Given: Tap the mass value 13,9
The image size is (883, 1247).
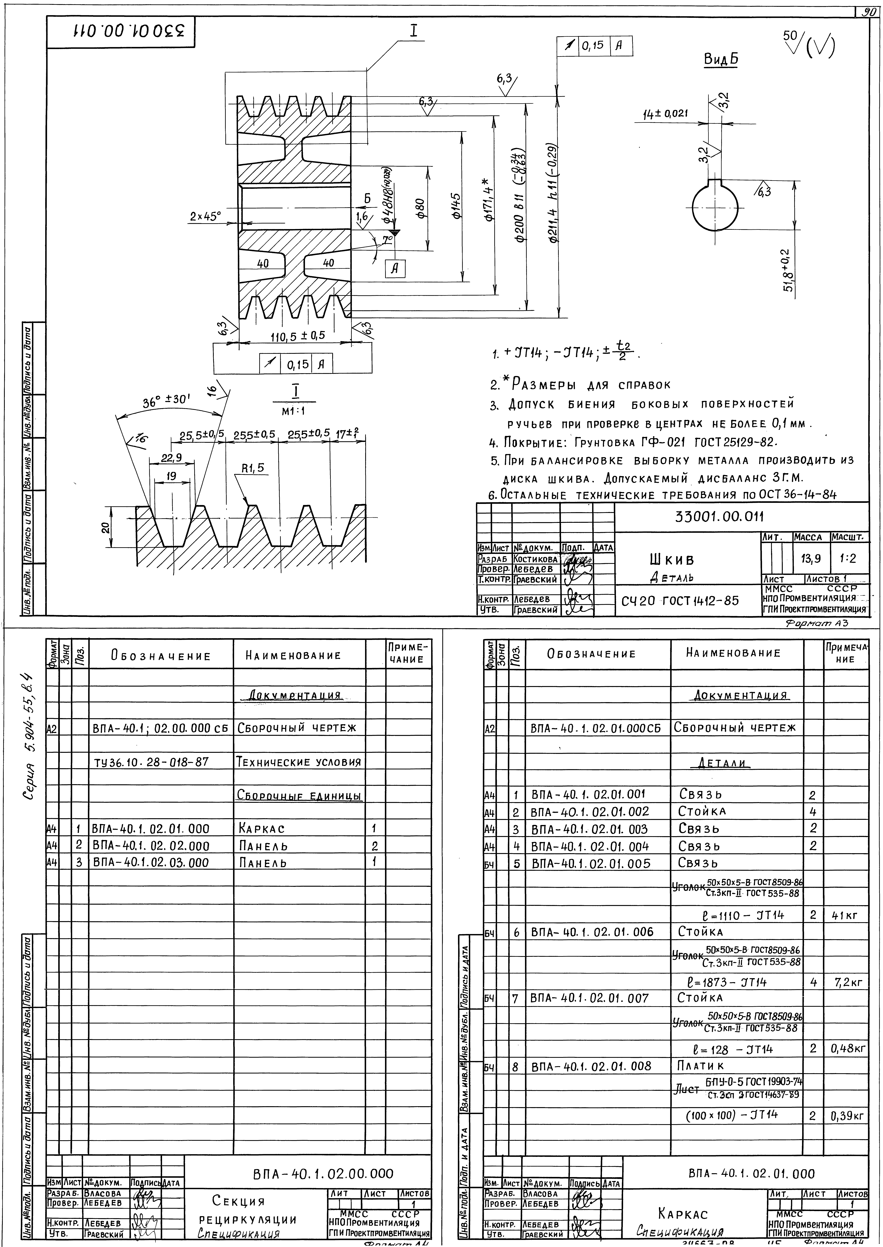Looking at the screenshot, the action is [810, 558].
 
